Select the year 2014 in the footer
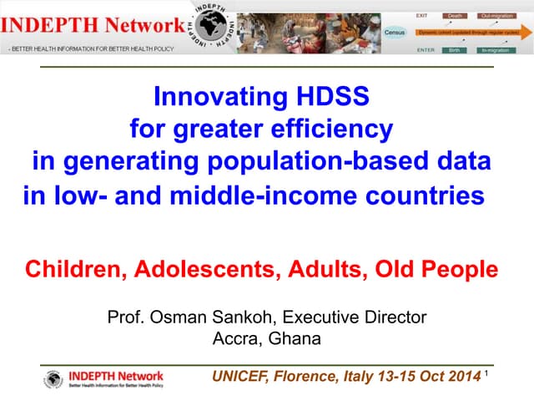(461, 377)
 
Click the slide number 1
(486, 374)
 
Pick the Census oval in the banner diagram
(395, 32)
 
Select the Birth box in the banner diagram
(454, 50)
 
